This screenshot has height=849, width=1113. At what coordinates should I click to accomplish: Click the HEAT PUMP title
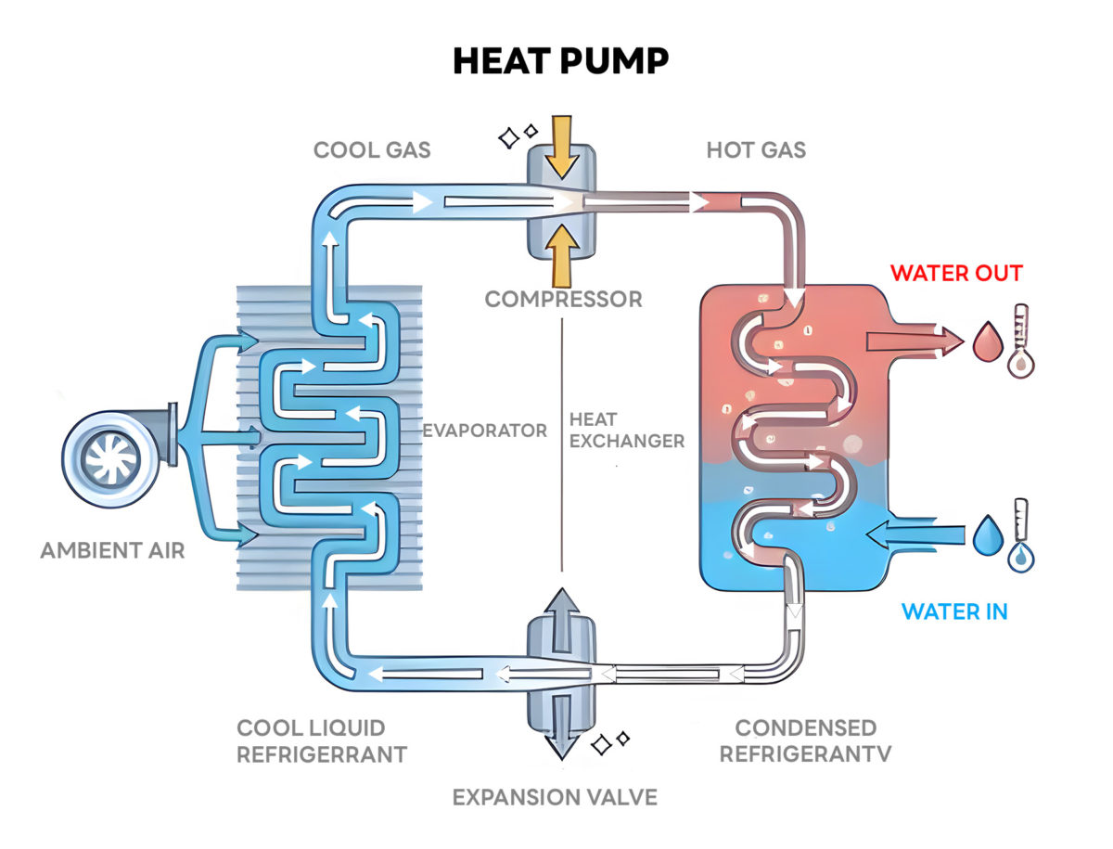tap(560, 60)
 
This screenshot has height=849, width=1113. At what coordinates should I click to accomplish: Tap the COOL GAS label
tap(372, 149)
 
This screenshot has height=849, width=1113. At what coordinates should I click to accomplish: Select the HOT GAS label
tap(756, 149)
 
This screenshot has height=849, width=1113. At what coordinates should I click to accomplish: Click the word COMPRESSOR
tap(563, 300)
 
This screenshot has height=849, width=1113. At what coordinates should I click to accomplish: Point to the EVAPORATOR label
tap(484, 431)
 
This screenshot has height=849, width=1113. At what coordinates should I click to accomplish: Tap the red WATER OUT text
tap(956, 273)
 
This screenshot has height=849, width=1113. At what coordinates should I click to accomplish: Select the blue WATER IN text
tap(954, 611)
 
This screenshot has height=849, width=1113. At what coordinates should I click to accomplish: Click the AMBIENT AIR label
tap(112, 550)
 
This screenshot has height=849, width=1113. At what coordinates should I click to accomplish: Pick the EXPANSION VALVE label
tap(555, 796)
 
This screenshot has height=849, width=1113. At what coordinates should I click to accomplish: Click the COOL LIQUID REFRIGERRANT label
tap(321, 740)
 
